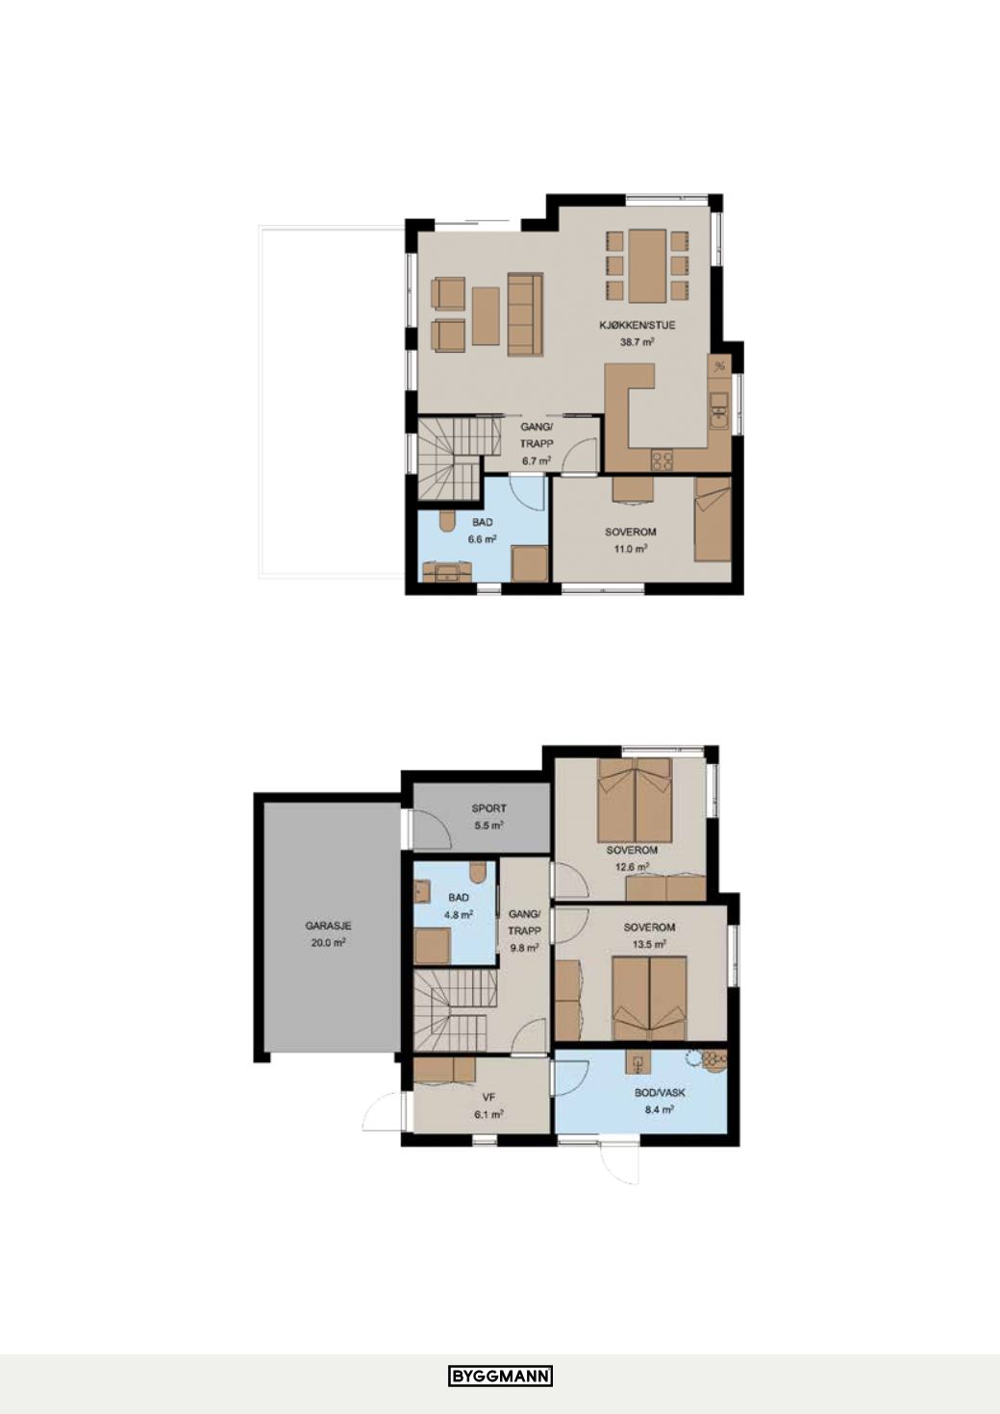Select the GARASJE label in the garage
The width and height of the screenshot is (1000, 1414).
(328, 926)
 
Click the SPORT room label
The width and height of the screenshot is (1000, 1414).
(489, 808)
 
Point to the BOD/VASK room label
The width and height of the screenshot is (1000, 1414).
(660, 1093)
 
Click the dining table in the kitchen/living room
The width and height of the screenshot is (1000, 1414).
(647, 265)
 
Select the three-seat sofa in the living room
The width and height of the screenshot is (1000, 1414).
(525, 313)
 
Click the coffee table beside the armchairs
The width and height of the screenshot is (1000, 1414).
(487, 315)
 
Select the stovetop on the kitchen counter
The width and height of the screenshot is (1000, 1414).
(662, 460)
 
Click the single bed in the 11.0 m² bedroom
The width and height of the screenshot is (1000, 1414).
(712, 519)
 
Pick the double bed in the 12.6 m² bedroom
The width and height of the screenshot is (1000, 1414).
(635, 800)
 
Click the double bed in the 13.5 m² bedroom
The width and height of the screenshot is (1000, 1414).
(650, 999)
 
